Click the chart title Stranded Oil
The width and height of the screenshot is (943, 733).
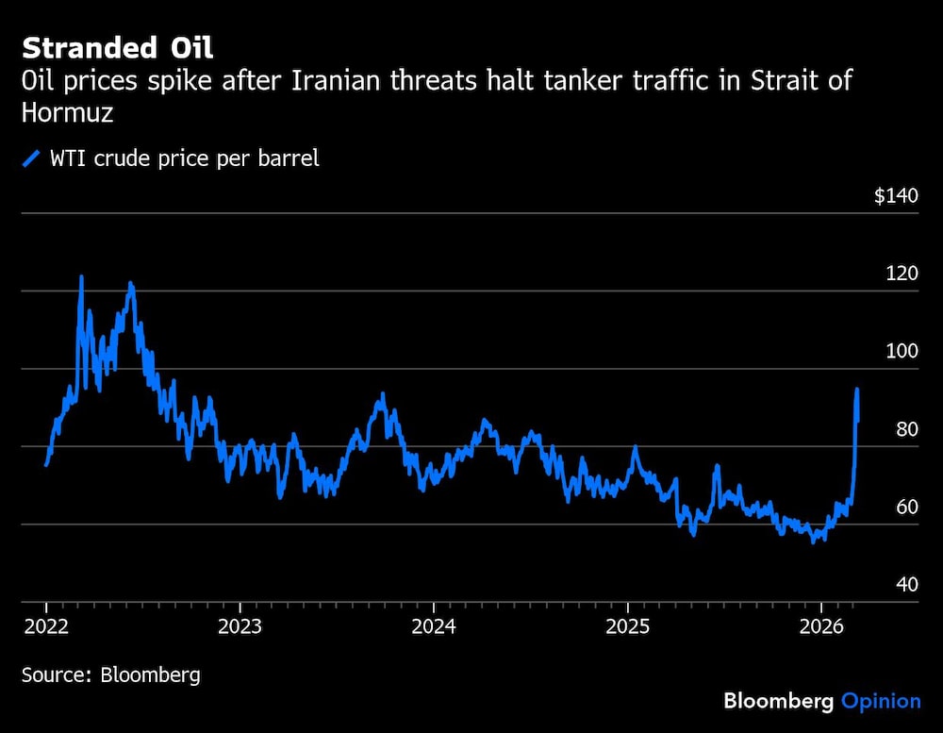(117, 47)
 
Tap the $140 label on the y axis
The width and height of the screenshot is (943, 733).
(895, 196)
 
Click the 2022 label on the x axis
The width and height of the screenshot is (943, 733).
(46, 625)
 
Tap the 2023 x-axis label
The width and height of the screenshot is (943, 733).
(240, 625)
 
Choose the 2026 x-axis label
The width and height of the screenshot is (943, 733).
(820, 625)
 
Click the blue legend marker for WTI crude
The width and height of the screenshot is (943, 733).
(31, 158)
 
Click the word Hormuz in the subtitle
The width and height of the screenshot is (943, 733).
(67, 112)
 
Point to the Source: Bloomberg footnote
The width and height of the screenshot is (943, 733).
(111, 675)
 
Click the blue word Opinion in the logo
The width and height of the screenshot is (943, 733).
(881, 701)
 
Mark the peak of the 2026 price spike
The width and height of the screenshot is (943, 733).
(856, 389)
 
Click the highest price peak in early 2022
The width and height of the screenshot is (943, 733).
(81, 277)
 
